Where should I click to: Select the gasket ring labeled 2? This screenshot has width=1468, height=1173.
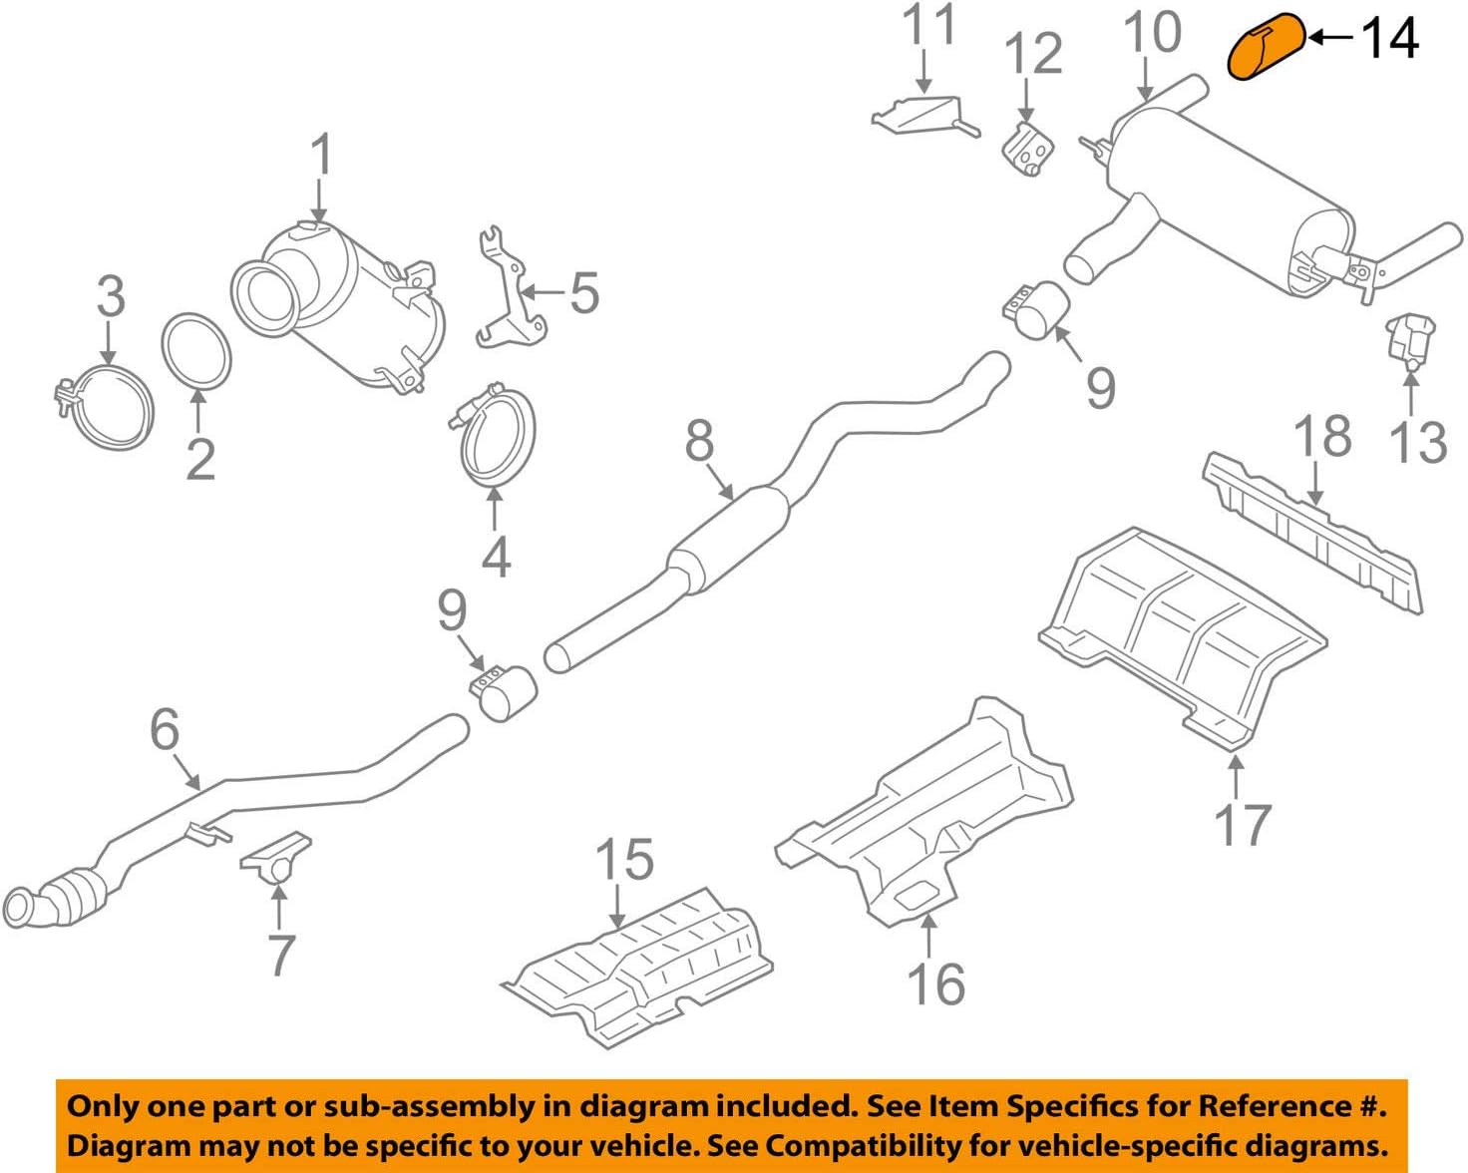pyautogui.click(x=196, y=351)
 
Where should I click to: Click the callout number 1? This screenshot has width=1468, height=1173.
pyautogui.click(x=320, y=156)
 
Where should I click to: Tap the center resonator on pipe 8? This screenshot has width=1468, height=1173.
pyautogui.click(x=728, y=540)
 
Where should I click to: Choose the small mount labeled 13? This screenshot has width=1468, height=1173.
pyautogui.click(x=1409, y=340)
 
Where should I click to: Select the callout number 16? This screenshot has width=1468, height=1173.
pyautogui.click(x=935, y=984)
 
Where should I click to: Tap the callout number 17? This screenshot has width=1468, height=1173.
pyautogui.click(x=1242, y=825)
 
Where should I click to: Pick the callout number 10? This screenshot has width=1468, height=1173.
pyautogui.click(x=1152, y=33)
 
